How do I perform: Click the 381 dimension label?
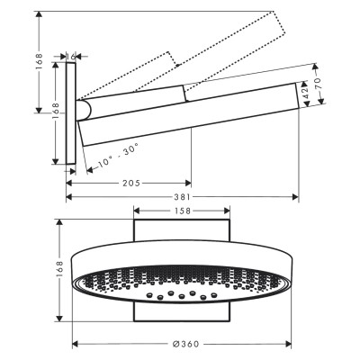182,197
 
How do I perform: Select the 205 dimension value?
131,183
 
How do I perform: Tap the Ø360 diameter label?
186,344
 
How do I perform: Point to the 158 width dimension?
182,211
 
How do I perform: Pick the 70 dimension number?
318,83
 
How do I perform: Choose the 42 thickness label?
305,94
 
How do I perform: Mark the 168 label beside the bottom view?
59,270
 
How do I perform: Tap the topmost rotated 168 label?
40,62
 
